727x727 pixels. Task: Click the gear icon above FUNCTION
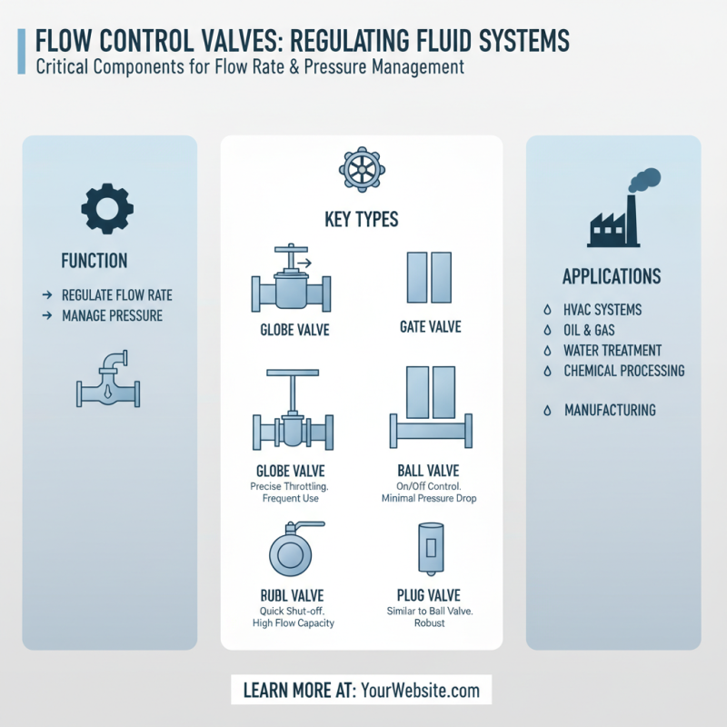pyautogui.click(x=107, y=208)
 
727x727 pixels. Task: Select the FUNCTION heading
pyautogui.click(x=95, y=261)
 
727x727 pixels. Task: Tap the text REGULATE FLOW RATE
pyautogui.click(x=116, y=295)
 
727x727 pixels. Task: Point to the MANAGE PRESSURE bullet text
pyautogui.click(x=112, y=315)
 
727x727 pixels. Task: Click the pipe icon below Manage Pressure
pyautogui.click(x=108, y=379)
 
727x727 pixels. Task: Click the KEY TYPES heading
pyautogui.click(x=362, y=220)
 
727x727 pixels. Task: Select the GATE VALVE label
pyautogui.click(x=431, y=326)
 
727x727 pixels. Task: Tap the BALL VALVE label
pyautogui.click(x=428, y=471)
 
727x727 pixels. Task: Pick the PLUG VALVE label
pyautogui.click(x=429, y=595)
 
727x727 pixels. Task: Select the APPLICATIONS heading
pyautogui.click(x=612, y=276)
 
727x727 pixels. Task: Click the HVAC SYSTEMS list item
pyautogui.click(x=603, y=310)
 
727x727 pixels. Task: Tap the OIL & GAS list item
pyautogui.click(x=589, y=330)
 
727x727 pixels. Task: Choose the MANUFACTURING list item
pyautogui.click(x=610, y=411)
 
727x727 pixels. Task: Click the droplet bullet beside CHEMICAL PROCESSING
pyautogui.click(x=547, y=371)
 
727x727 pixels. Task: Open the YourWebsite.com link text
pyautogui.click(x=421, y=691)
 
